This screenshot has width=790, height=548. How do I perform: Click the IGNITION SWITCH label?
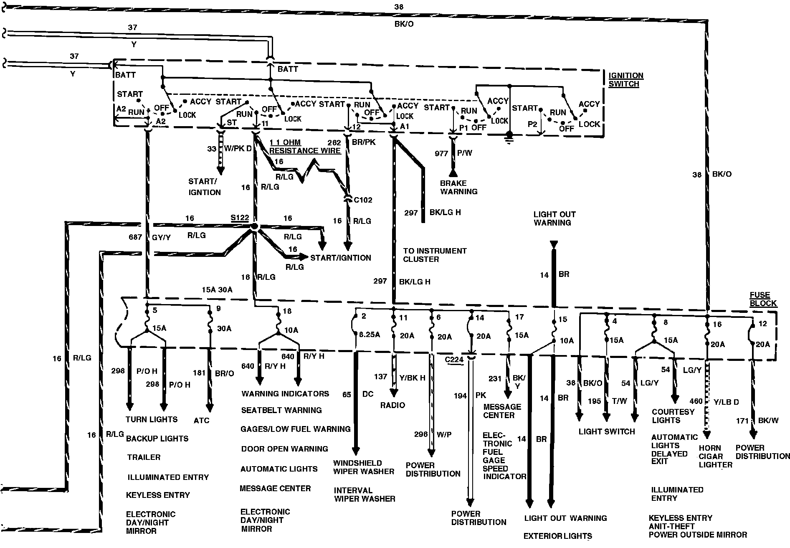pyautogui.click(x=625, y=79)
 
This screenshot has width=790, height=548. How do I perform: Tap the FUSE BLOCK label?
pyautogui.click(x=763, y=299)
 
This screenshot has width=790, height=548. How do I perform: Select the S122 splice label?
pyautogui.click(x=240, y=218)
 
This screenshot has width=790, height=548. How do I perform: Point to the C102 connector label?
pyautogui.click(x=363, y=200)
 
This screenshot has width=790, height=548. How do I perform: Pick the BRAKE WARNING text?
pyautogui.click(x=458, y=187)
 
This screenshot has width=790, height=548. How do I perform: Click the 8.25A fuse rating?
pyautogui.click(x=370, y=335)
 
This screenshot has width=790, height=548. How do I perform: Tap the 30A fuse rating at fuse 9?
pyautogui.click(x=224, y=328)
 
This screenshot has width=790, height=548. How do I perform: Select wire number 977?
pyautogui.click(x=441, y=153)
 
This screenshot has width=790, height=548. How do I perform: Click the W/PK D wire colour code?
pyautogui.click(x=238, y=148)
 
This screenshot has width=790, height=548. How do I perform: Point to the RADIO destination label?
pyautogui.click(x=392, y=405)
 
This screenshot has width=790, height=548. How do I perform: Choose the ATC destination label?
pyautogui.click(x=201, y=420)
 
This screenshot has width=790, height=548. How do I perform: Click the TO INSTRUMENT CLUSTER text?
pyautogui.click(x=434, y=255)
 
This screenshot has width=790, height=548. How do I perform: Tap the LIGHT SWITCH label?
pyautogui.click(x=606, y=431)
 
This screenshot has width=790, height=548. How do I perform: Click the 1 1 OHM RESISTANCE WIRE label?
pyautogui.click(x=305, y=147)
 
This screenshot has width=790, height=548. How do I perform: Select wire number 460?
pyautogui.click(x=696, y=401)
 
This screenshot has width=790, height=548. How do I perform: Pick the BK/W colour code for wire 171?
pyautogui.click(x=768, y=420)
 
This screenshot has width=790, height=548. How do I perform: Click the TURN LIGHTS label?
pyautogui.click(x=151, y=419)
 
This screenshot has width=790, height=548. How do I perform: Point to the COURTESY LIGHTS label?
pyautogui.click(x=673, y=416)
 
